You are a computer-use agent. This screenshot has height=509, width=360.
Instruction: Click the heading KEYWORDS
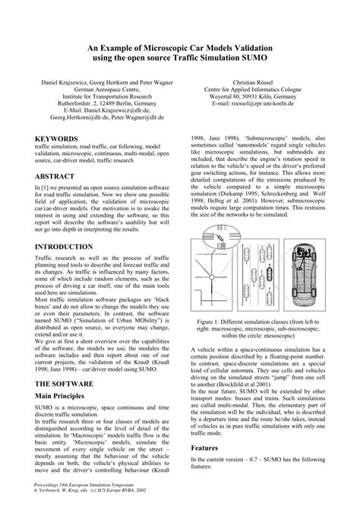pyautogui.click(x=56, y=139)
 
